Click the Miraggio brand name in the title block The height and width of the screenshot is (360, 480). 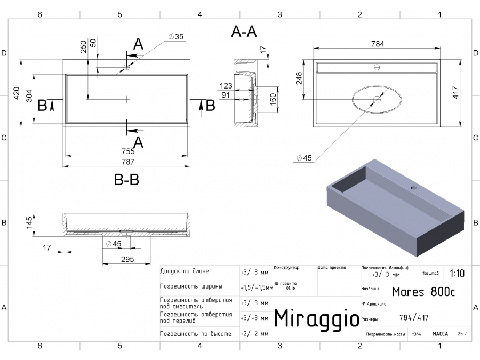coord(317,318)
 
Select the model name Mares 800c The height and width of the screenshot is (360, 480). coord(423,292)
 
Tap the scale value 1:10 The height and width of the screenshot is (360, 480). coord(457,274)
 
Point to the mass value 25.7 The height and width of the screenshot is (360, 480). coord(462,334)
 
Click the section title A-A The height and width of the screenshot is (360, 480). coord(244,33)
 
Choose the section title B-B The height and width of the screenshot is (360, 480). coord(126,180)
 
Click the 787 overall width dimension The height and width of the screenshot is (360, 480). coord(127,162)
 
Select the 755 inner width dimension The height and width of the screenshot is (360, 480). coord(127,151)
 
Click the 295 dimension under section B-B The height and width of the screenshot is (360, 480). coord(127,259)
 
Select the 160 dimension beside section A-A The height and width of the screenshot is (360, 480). coord(273,99)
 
